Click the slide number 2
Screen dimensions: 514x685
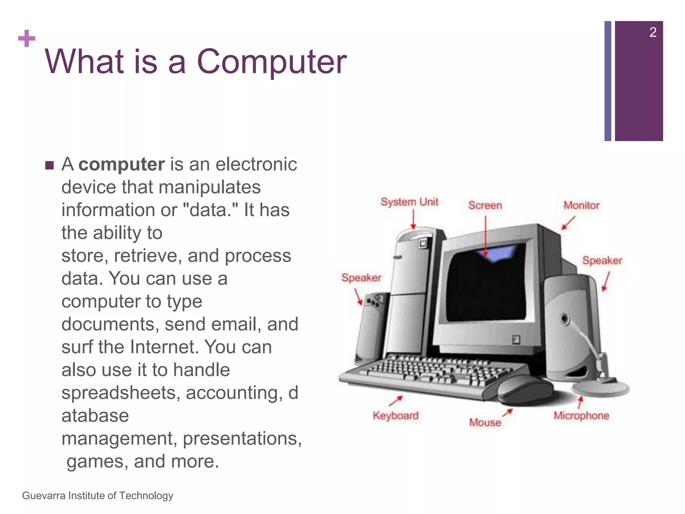point(653,32)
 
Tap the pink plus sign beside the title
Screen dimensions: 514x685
point(27,38)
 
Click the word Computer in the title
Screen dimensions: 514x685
point(272,62)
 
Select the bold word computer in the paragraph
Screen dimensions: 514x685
point(121,165)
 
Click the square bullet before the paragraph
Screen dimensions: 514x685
point(49,165)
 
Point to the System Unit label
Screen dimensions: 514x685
point(409,202)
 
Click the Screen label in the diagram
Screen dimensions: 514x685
point(485,205)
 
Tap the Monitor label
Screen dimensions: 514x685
point(581,205)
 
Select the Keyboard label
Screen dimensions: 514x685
point(396,416)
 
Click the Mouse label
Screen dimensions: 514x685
point(485,423)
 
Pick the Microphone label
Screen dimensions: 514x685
point(581,416)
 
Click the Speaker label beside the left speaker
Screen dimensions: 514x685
point(361,278)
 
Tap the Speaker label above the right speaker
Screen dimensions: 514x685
point(602,261)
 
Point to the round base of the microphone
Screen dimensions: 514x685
point(600,389)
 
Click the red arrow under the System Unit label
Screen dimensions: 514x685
point(413,220)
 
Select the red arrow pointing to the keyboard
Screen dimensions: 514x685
point(396,401)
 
